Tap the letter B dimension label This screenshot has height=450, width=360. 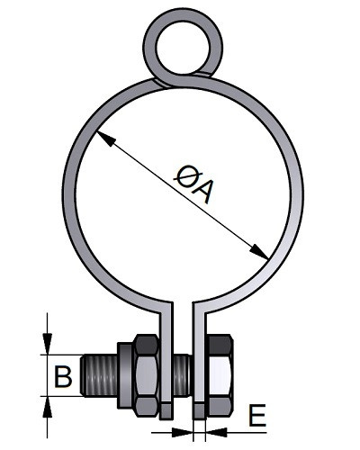[63, 375]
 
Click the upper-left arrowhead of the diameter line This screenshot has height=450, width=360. [105, 139]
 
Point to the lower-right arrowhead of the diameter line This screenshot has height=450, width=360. [259, 251]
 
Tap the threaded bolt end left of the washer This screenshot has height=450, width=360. [99, 375]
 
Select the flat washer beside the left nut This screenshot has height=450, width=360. [124, 375]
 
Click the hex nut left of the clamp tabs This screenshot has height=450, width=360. [147, 375]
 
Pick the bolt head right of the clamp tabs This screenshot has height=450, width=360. [220, 375]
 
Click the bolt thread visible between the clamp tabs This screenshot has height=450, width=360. [182, 375]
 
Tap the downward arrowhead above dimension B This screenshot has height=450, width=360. [48, 344]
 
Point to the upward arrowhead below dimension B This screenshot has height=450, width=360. [48, 407]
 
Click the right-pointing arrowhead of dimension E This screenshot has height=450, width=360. [183, 432]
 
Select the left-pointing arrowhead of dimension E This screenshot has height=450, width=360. [217, 432]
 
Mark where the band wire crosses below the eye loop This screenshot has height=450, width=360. [164, 83]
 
